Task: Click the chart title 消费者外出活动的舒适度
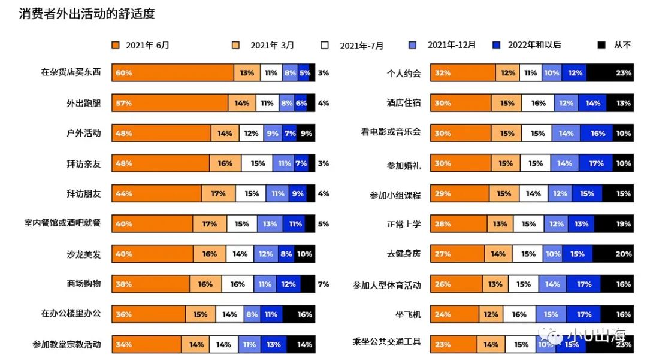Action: (x=87, y=14)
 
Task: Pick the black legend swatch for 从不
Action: (x=603, y=45)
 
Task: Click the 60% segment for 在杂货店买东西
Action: (x=173, y=73)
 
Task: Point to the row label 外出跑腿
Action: (x=84, y=103)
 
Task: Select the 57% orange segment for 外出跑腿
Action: (x=170, y=103)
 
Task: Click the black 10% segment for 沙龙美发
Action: (x=305, y=254)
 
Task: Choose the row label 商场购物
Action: (x=84, y=284)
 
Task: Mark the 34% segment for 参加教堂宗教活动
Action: (x=146, y=344)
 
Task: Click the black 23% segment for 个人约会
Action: (x=610, y=73)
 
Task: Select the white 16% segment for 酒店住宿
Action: (x=538, y=103)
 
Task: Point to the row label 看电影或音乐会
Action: (x=391, y=132)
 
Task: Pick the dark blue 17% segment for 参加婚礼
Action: (x=595, y=163)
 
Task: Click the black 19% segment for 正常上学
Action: (x=613, y=224)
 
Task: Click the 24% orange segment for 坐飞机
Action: (x=455, y=314)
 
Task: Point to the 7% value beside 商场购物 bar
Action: (x=323, y=284)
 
